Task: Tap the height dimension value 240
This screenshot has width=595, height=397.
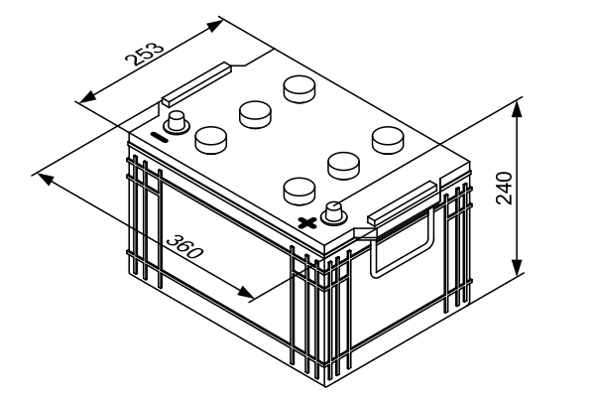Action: (x=506, y=187)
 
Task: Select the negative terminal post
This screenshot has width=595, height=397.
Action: (x=178, y=123)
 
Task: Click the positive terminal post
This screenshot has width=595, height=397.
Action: (x=335, y=210)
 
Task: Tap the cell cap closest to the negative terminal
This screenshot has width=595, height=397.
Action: (x=211, y=140)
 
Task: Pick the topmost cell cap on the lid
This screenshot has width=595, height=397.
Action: (x=299, y=88)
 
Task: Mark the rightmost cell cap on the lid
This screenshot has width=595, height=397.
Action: (x=388, y=138)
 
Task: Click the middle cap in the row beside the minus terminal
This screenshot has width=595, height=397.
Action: (x=256, y=114)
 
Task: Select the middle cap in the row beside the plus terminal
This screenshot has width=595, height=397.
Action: (x=343, y=163)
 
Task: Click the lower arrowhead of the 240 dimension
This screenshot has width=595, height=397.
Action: (x=517, y=267)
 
